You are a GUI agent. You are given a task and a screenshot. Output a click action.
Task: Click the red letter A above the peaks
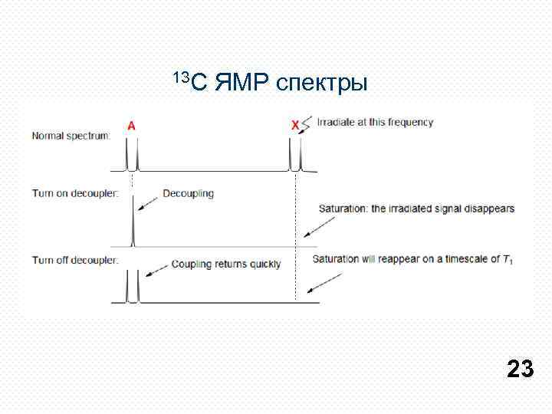(x=132, y=127)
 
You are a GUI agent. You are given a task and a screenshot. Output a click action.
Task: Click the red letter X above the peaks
(x=295, y=124)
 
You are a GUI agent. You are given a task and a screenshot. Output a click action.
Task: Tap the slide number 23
(x=520, y=370)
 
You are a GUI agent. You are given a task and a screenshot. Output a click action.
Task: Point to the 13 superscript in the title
(x=181, y=75)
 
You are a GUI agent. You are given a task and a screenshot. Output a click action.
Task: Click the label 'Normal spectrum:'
(x=71, y=136)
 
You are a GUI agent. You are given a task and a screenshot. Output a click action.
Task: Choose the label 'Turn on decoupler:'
(x=74, y=193)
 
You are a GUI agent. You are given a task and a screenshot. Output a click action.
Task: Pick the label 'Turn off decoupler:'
(x=74, y=260)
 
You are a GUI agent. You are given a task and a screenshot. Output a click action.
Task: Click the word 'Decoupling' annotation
(x=188, y=194)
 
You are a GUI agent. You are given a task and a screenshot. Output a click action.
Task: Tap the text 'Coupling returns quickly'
(x=226, y=264)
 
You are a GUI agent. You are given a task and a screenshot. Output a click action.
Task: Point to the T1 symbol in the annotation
(x=507, y=260)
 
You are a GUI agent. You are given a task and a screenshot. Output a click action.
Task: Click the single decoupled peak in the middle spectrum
(x=133, y=222)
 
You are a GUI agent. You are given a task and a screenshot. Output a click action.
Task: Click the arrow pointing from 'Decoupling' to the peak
(x=148, y=202)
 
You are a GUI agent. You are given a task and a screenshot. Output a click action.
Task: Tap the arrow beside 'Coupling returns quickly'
(x=159, y=268)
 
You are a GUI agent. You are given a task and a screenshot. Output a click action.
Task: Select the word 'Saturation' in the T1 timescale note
(x=335, y=259)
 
